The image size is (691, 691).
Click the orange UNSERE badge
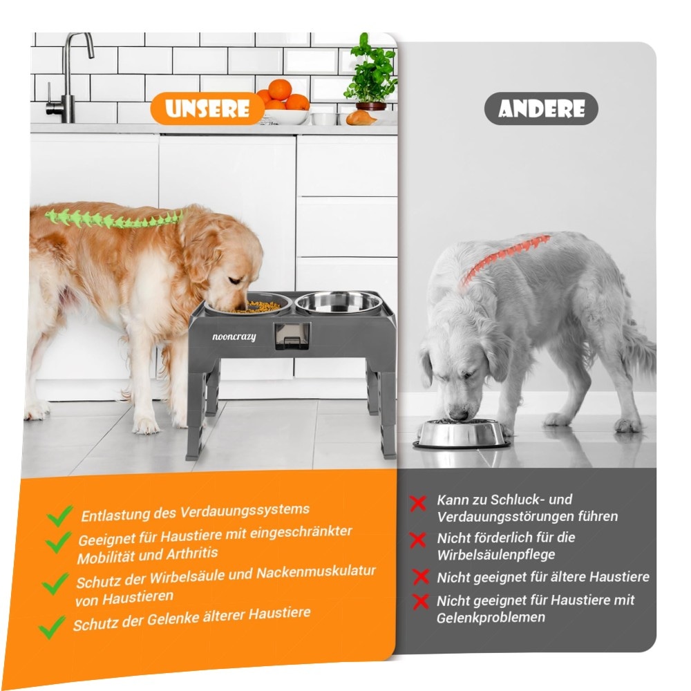pyautogui.click(x=207, y=108)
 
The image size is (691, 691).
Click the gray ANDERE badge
pyautogui.click(x=541, y=108)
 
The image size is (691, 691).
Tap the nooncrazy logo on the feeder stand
pyautogui.click(x=234, y=337)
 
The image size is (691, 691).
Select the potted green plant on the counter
pyautogui.click(x=371, y=73)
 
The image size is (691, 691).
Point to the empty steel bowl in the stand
pyautogui.click(x=338, y=303)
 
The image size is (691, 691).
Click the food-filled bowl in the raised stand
pyautogui.click(x=249, y=305)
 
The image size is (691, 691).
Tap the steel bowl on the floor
pyautogui.click(x=461, y=433)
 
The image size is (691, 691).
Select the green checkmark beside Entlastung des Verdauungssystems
pyautogui.click(x=60, y=515)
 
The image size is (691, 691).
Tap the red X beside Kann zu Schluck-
pyautogui.click(x=418, y=503)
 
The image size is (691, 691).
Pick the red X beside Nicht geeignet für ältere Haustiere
pyautogui.click(x=420, y=576)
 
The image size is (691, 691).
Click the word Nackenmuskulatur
pyautogui.click(x=316, y=572)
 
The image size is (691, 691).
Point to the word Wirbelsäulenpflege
pyautogui.click(x=495, y=555)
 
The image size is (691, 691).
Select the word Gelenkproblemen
pyautogui.click(x=491, y=617)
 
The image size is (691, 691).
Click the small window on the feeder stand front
pyautogui.click(x=291, y=336)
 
